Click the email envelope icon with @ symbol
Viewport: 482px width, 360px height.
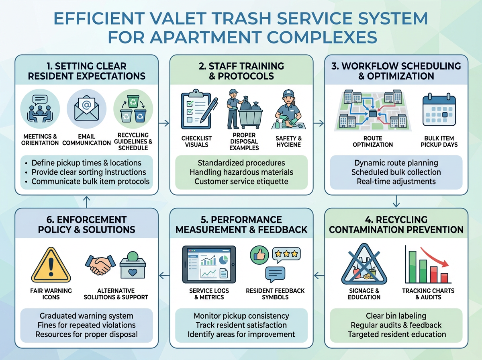[x=87, y=108]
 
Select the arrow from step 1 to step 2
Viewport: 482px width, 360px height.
[x=164, y=123]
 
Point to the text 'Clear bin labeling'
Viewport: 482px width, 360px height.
[x=396, y=316]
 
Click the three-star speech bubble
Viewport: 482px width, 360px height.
[x=286, y=254]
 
